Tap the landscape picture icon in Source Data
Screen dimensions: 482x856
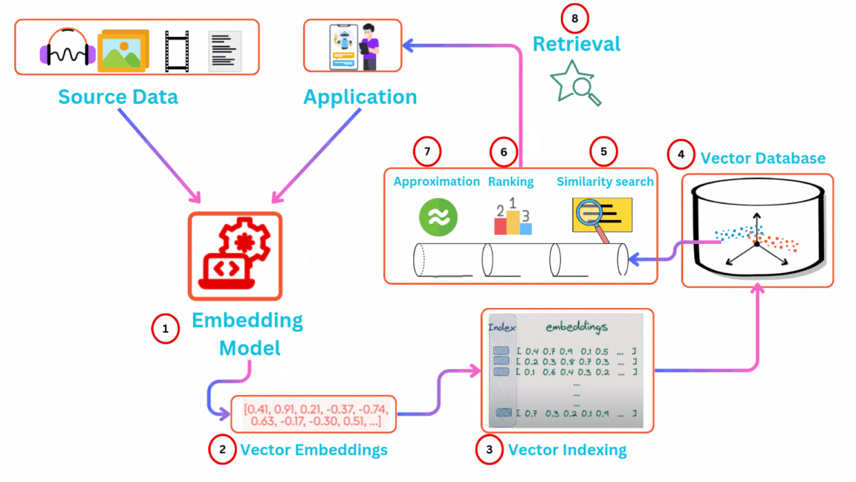coord(123,50)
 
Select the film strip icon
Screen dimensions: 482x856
coord(177,51)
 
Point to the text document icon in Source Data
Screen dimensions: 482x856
coord(224,51)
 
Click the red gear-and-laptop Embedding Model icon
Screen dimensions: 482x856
coord(235,255)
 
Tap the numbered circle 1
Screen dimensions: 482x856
coord(166,328)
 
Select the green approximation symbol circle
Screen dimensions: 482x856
coord(438,216)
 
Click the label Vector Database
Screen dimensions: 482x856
coord(762,158)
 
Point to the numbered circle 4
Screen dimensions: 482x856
coord(681,155)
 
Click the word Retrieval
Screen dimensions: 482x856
coord(576,44)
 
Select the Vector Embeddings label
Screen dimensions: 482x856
coord(314,449)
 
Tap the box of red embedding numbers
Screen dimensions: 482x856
coord(314,414)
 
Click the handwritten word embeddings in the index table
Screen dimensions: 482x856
coord(577,328)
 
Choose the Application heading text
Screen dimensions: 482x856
coord(360,97)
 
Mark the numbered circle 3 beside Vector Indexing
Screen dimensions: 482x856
coord(488,449)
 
